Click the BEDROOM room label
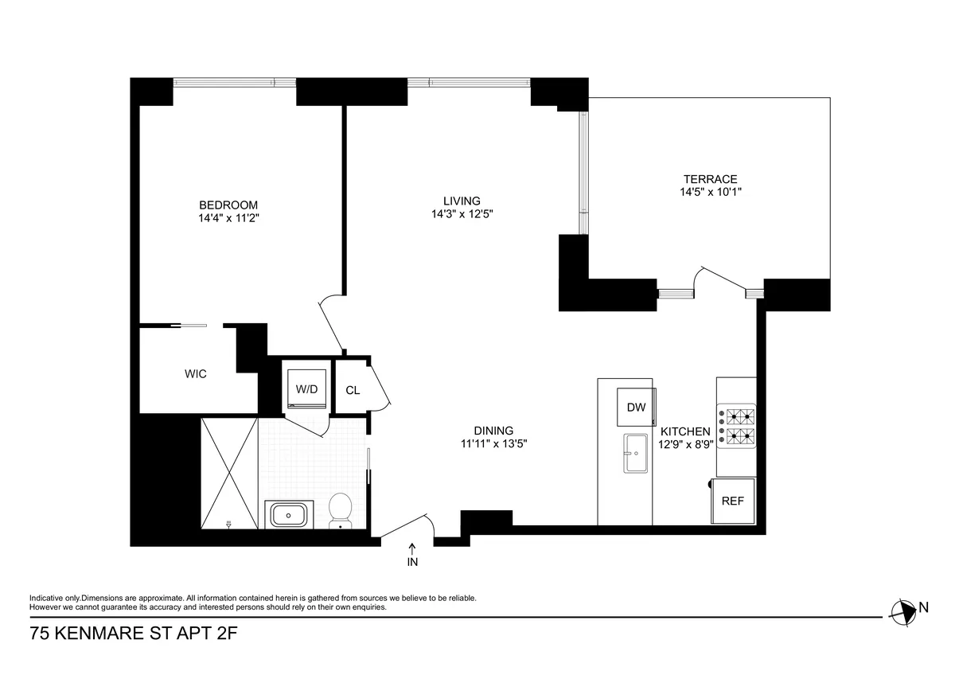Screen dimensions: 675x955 click(228, 205)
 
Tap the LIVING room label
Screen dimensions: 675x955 click(462, 201)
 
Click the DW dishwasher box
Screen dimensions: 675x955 click(635, 408)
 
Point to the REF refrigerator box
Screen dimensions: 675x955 click(732, 501)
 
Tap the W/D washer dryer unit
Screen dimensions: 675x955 click(306, 389)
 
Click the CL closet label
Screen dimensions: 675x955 click(353, 391)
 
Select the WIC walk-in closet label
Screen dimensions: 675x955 click(196, 373)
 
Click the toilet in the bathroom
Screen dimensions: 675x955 click(341, 509)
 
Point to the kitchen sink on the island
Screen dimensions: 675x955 click(636, 454)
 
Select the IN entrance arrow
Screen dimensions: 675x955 click(412, 548)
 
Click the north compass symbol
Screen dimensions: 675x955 click(902, 611)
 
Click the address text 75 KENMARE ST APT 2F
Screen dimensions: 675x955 click(134, 634)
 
